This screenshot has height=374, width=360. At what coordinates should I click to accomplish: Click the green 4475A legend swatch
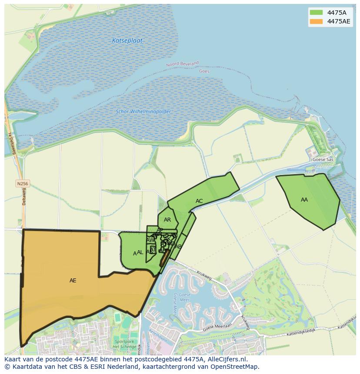pyautogui.click(x=316, y=13)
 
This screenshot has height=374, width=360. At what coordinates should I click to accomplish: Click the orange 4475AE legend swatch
pyautogui.click(x=316, y=21)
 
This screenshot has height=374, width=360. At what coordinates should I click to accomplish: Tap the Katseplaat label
pyautogui.click(x=127, y=41)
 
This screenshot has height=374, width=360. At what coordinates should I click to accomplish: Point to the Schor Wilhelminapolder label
pyautogui.click(x=143, y=112)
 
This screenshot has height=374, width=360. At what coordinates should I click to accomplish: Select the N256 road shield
pyautogui.click(x=23, y=184)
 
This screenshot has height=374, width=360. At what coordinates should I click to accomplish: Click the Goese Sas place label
pyautogui.click(x=323, y=160)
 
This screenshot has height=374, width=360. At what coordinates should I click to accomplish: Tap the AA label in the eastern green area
pyautogui.click(x=304, y=200)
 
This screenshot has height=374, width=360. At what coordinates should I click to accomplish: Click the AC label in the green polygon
pyautogui.click(x=199, y=201)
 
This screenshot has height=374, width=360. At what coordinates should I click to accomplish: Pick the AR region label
pyautogui.click(x=167, y=220)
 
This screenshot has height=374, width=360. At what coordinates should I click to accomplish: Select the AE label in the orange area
pyautogui.click(x=73, y=281)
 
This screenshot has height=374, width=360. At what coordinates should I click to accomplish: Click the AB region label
pyautogui.click(x=178, y=247)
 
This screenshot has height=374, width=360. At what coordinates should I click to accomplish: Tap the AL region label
pyautogui.click(x=140, y=252)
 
